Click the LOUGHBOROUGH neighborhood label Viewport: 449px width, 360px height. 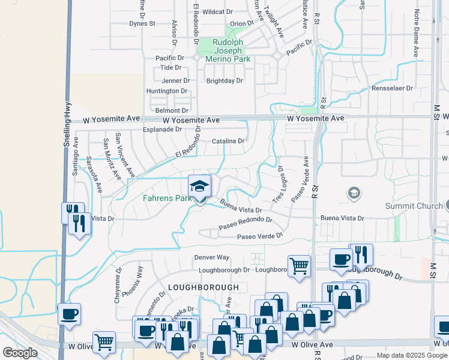pyautogui.click(x=203, y=287)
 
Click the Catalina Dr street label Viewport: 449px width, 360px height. pyautogui.click(x=228, y=142)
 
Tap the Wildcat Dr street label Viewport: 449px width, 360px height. pyautogui.click(x=217, y=11)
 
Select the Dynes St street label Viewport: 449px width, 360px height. pyautogui.click(x=142, y=24)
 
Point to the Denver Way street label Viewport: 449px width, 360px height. pyautogui.click(x=212, y=257)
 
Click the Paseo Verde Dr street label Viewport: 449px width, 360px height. pyautogui.click(x=259, y=236)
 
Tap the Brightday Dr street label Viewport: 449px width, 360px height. pyautogui.click(x=224, y=80)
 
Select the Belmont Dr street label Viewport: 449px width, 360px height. pyautogui.click(x=172, y=110)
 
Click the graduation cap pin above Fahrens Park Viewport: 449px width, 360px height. pyautogui.click(x=200, y=185)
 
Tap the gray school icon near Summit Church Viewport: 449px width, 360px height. pyautogui.click(x=354, y=193)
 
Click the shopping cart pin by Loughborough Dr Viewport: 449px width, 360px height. pyautogui.click(x=299, y=265)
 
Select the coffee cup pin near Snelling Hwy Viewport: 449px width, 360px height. pyautogui.click(x=70, y=313)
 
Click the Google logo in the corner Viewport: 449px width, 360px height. pyautogui.click(x=20, y=353)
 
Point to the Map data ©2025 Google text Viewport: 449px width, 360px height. pyautogui.click(x=411, y=356)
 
